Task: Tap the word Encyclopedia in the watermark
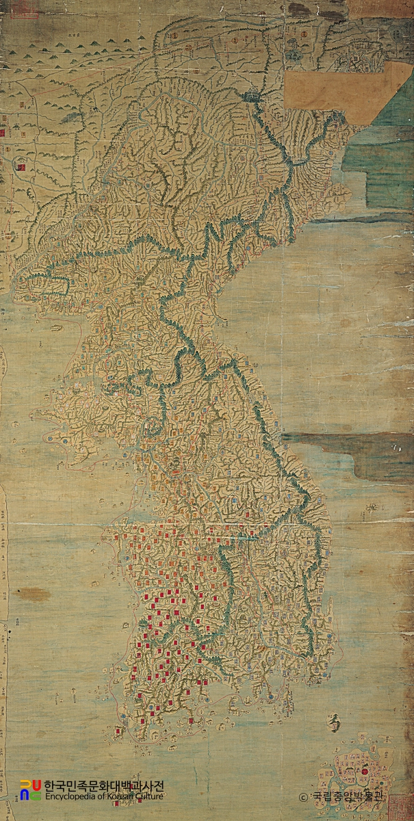(69, 796)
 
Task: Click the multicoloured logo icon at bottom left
(31, 790)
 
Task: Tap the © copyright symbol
(304, 797)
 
